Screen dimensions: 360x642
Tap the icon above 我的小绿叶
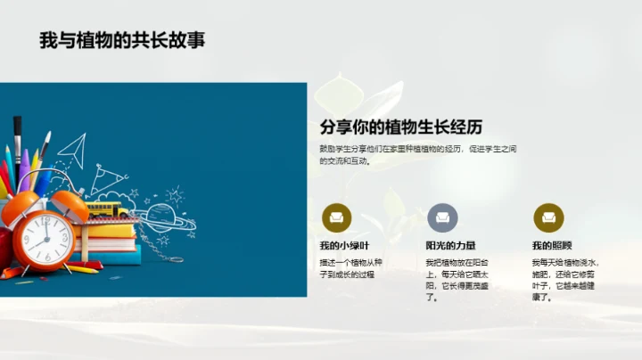[336, 217]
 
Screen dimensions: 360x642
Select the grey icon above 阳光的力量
[442, 217]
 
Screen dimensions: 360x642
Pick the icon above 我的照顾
[548, 217]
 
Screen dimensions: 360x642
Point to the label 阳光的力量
[450, 245]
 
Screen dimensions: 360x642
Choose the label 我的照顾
[552, 245]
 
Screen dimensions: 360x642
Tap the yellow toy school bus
[104, 210]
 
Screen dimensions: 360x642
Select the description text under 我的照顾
[564, 280]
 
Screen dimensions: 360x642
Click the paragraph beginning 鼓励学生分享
[418, 154]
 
